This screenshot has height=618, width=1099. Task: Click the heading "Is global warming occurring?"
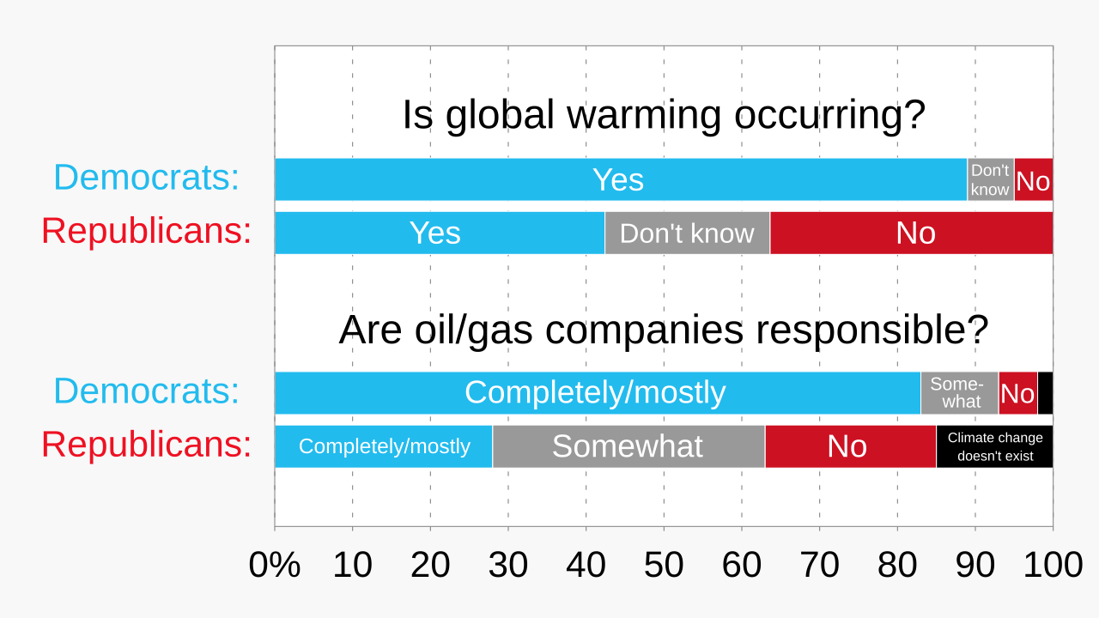pyautogui.click(x=663, y=115)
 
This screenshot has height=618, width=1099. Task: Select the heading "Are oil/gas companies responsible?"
pyautogui.click(x=663, y=330)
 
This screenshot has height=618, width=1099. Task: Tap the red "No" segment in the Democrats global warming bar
pyautogui.click(x=1033, y=179)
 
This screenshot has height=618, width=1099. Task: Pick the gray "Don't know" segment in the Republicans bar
pyautogui.click(x=687, y=233)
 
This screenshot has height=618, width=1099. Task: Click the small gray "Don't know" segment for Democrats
pyautogui.click(x=990, y=179)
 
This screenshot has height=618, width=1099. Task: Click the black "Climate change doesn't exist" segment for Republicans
pyautogui.click(x=994, y=446)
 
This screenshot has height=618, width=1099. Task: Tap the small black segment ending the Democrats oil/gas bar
pyautogui.click(x=1045, y=393)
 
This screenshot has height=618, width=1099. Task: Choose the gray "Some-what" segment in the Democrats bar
pyautogui.click(x=959, y=393)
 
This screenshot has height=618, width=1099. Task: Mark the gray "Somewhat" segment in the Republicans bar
pyautogui.click(x=628, y=446)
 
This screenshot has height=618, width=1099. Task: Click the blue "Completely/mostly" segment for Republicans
pyautogui.click(x=383, y=446)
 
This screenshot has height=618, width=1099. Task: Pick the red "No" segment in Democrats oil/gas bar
pyautogui.click(x=1017, y=393)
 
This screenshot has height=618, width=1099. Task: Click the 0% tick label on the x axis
pyautogui.click(x=275, y=565)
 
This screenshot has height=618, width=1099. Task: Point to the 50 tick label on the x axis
pyautogui.click(x=664, y=565)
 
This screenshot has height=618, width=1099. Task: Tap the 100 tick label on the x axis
pyautogui.click(x=1053, y=565)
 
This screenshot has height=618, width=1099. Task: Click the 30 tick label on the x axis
pyautogui.click(x=508, y=565)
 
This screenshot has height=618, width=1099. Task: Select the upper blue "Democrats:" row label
pyautogui.click(x=147, y=178)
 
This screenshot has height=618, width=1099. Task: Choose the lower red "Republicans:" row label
pyautogui.click(x=147, y=445)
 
